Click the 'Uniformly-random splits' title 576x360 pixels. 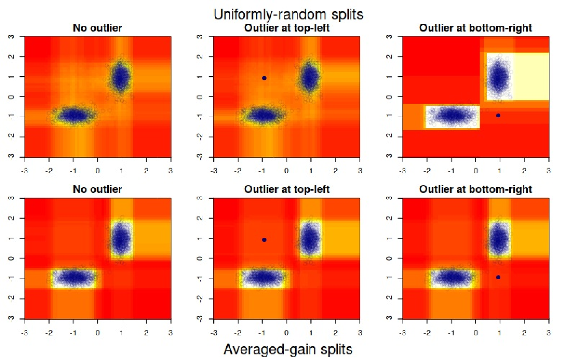288,14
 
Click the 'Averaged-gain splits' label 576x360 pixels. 288,350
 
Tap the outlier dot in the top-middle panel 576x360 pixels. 264,78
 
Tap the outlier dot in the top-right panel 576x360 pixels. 498,115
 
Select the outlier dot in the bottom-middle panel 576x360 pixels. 264,240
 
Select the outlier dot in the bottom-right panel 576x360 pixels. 498,277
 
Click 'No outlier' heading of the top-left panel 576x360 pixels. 98,28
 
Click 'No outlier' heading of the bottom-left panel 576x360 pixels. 98,189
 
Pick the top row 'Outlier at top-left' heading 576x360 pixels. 287,28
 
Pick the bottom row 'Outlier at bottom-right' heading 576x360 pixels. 476,189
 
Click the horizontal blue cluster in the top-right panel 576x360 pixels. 452,115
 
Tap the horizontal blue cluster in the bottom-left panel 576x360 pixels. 74,277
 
